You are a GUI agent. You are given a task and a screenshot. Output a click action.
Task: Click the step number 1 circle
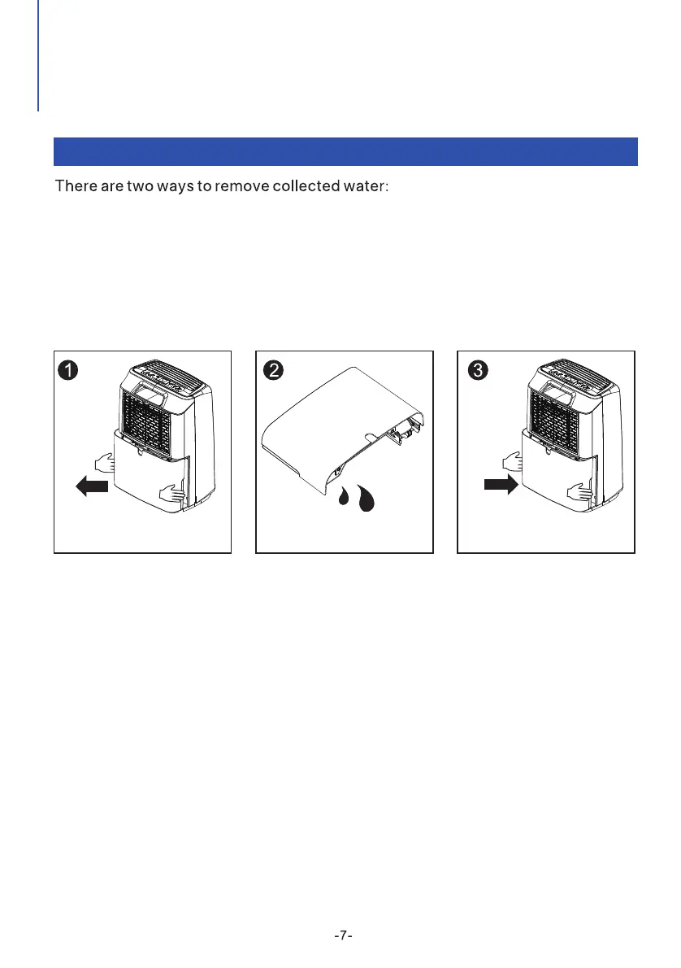(67, 370)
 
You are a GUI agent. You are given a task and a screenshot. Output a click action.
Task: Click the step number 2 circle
(273, 370)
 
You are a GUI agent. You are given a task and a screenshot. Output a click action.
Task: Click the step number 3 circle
(478, 370)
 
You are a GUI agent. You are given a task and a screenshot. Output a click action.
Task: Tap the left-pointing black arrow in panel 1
(92, 486)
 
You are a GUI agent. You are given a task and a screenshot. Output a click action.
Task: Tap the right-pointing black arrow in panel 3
(501, 485)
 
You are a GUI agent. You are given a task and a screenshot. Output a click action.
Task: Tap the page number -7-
(343, 935)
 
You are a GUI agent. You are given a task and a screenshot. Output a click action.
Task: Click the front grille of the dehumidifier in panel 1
(147, 423)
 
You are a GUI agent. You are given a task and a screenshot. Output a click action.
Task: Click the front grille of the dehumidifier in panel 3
(555, 423)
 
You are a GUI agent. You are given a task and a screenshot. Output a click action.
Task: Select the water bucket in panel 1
(150, 470)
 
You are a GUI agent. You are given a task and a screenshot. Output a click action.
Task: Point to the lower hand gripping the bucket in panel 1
(172, 493)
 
